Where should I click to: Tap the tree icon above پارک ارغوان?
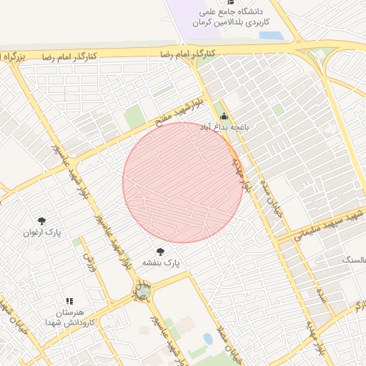click(41, 221)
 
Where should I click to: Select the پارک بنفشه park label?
click(161, 264)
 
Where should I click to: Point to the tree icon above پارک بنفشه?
click(160, 252)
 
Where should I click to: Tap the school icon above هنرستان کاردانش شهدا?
click(69, 302)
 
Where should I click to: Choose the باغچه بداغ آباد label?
click(223, 127)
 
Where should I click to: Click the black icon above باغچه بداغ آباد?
click(224, 116)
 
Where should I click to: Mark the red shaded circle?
click(182, 182)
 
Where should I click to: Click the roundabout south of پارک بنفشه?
click(142, 290)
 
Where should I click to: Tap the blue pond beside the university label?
click(271, 35)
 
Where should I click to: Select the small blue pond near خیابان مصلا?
click(208, 338)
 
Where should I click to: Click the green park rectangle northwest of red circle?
click(134, 116)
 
